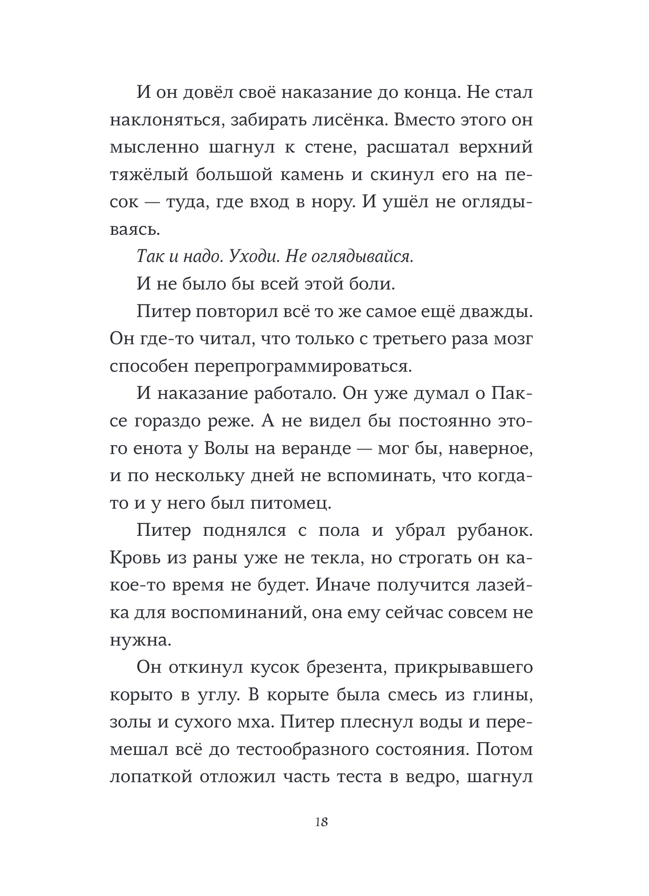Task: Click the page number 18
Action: tap(322, 822)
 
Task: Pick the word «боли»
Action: tap(375, 284)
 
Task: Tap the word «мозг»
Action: tap(514, 339)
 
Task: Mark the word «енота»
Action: tap(159, 449)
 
